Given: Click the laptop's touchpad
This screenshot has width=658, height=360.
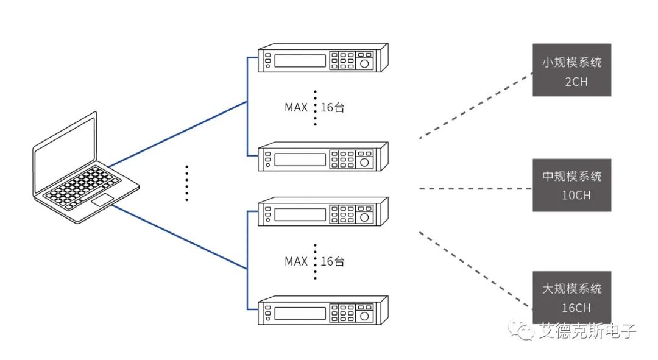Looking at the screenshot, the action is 102,200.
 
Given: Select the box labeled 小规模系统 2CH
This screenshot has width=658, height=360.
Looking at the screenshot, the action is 571,70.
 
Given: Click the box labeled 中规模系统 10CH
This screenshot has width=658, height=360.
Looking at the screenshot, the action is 571,185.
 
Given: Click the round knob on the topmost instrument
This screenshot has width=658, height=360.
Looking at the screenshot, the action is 364,64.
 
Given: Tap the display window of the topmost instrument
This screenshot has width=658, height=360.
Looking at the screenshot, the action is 300,60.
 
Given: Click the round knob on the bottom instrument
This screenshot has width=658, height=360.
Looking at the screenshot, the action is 364,316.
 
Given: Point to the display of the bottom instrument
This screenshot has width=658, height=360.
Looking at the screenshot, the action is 300,313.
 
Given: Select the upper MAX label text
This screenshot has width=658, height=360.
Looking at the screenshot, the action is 296,107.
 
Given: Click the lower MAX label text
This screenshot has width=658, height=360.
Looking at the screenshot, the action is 296,261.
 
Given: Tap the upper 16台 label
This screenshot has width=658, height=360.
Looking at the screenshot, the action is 333,107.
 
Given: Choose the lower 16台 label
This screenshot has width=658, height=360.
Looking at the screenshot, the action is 333,261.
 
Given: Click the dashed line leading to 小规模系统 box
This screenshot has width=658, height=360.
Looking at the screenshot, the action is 476,106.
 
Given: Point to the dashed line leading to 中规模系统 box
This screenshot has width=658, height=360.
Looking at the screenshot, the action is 476,189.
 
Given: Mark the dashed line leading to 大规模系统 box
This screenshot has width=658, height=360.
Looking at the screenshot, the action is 476,270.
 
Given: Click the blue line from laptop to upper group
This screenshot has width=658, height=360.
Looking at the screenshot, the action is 178,134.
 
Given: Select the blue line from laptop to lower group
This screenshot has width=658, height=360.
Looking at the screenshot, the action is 180,236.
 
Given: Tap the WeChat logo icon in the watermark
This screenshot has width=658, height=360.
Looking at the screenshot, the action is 521,330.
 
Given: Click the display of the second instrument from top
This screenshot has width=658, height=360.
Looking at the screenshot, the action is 300,160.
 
